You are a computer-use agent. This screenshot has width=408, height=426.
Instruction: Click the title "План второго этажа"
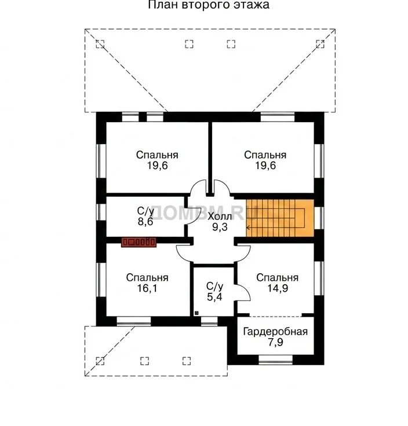209,5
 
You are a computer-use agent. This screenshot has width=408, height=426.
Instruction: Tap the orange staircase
280,218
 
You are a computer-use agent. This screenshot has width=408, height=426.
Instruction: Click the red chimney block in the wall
139,242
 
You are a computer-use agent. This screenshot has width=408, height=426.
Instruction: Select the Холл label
220,216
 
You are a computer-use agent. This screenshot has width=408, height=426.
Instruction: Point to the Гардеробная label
275,332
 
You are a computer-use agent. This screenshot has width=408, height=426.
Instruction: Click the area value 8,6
145,222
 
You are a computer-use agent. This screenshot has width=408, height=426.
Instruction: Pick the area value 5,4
214,297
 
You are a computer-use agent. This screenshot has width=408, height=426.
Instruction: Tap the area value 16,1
147,288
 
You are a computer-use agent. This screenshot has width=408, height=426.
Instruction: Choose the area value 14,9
278,288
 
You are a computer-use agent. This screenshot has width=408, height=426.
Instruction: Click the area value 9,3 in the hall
220,227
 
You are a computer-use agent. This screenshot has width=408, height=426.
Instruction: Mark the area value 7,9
275,342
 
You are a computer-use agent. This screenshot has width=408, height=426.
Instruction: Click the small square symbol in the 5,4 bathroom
196,313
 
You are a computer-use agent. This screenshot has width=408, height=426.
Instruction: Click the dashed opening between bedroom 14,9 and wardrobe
275,316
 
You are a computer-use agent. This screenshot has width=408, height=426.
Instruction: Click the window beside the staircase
319,218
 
